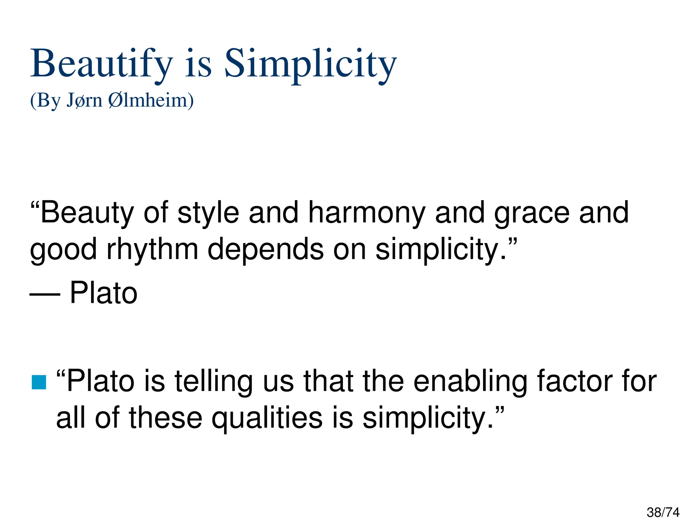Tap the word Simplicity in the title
(x=310, y=64)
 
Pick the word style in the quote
(x=208, y=213)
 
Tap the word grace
(x=532, y=213)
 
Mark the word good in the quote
(x=63, y=250)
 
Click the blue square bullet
(x=39, y=382)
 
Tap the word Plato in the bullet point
(x=101, y=381)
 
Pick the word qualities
(x=267, y=418)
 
